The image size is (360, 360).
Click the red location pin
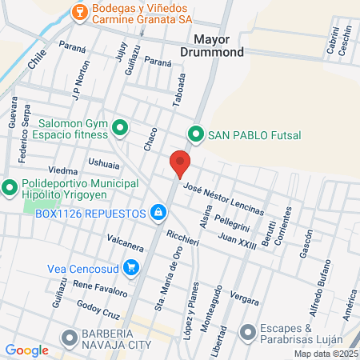point(180,163)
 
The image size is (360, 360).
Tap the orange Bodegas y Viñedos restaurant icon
point(79,11)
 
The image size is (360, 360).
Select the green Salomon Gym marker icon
point(121,127)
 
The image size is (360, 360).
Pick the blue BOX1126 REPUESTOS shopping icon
point(158,213)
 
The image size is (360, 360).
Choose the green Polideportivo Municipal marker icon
point(10,189)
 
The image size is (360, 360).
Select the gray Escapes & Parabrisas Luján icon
point(248,330)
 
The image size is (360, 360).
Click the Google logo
point(26,350)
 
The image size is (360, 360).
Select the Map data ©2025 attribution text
point(325,354)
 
